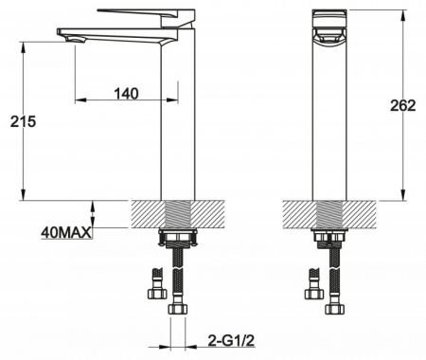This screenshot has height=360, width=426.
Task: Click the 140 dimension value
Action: point(126,94)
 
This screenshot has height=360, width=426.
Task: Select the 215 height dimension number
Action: point(23,121)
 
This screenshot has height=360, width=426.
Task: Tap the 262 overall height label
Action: point(403,105)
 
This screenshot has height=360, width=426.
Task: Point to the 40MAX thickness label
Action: point(66,233)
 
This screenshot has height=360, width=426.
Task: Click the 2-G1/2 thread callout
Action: point(231,340)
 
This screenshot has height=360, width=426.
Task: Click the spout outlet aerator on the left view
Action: point(76,40)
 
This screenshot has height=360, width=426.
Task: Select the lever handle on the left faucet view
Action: point(146,17)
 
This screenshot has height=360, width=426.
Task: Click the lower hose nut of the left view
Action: point(178,309)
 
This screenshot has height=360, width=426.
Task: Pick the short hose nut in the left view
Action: point(157,294)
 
